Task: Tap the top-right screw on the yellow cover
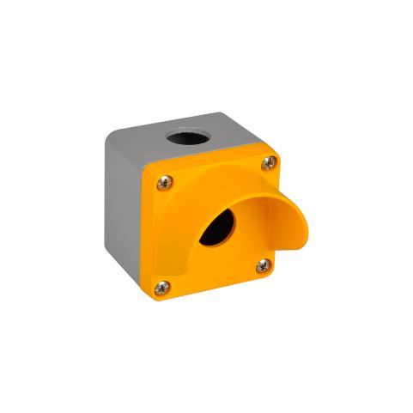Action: click(x=272, y=160)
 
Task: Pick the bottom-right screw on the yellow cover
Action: click(x=262, y=266)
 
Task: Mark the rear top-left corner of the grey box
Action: click(x=107, y=131)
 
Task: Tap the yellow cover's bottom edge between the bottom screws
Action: click(x=215, y=287)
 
